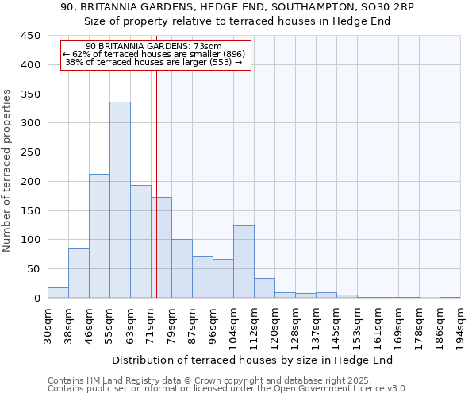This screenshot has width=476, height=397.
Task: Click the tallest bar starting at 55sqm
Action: tap(120, 200)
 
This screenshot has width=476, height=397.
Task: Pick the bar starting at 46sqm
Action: tap(99, 236)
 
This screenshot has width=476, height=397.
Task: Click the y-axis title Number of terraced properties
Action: tap(8, 171)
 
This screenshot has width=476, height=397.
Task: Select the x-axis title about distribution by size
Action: tap(258, 360)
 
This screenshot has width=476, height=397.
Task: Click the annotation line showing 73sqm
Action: tap(155, 47)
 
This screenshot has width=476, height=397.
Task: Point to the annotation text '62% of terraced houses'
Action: tap(155, 54)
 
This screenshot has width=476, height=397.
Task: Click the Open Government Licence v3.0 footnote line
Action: tap(228, 389)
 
